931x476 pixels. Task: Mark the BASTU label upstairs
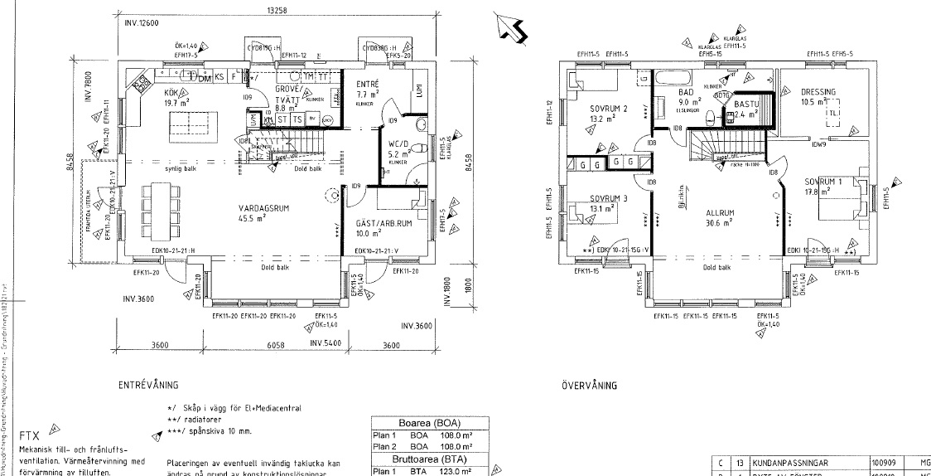(747, 104)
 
